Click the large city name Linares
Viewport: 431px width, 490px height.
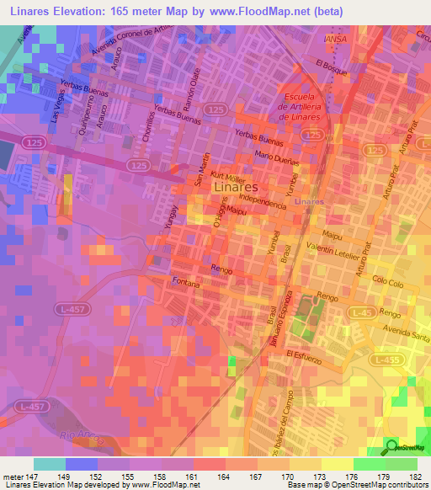coord(236,187)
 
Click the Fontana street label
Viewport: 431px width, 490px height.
coord(185,283)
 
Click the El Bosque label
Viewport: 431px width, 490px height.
coord(331,67)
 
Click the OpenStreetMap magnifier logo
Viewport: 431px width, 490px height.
coord(393,446)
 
